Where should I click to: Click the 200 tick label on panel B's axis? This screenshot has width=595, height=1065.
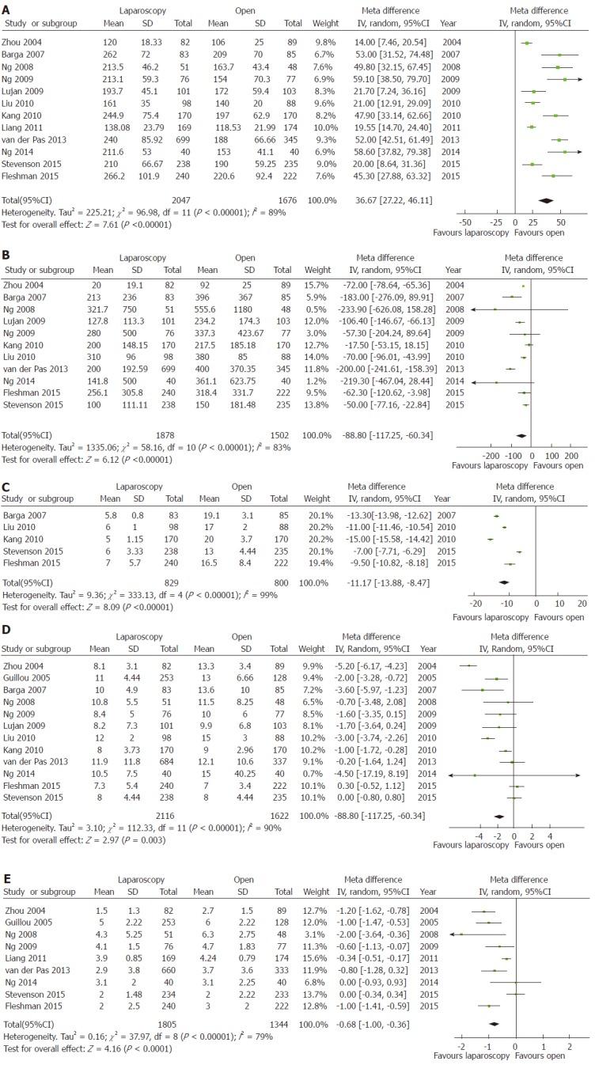572,457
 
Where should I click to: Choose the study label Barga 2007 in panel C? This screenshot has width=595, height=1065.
24,515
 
